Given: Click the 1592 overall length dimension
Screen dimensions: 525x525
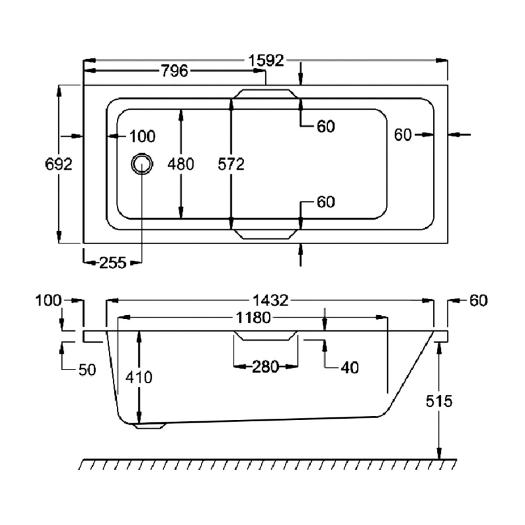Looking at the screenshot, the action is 266,60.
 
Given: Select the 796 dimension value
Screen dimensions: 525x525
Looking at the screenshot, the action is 175,71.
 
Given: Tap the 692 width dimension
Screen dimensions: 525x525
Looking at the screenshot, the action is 58,164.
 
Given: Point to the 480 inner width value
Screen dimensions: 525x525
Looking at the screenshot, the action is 180,164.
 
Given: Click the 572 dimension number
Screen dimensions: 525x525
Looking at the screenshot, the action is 231,164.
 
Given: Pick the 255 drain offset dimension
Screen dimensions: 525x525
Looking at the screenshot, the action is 113,263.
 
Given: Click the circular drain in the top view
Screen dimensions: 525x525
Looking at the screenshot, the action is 142,164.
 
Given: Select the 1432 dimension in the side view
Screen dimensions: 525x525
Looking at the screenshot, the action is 270,301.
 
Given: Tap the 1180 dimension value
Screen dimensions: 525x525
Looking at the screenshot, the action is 253,318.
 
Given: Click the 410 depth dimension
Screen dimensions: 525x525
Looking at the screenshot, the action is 139,377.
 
